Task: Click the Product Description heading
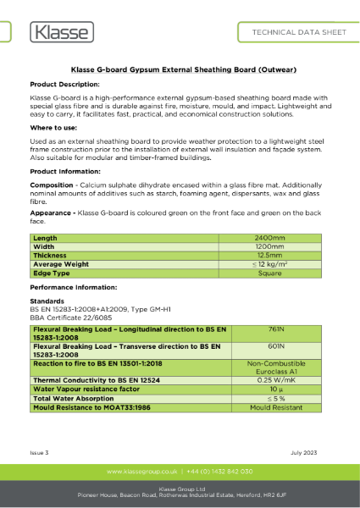point(64,86)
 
